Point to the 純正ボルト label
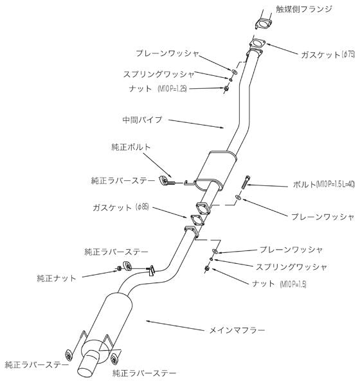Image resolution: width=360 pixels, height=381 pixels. click(x=131, y=147)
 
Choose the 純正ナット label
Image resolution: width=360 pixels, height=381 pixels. click(x=57, y=278)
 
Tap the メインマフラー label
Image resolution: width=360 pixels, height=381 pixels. click(x=235, y=330)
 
